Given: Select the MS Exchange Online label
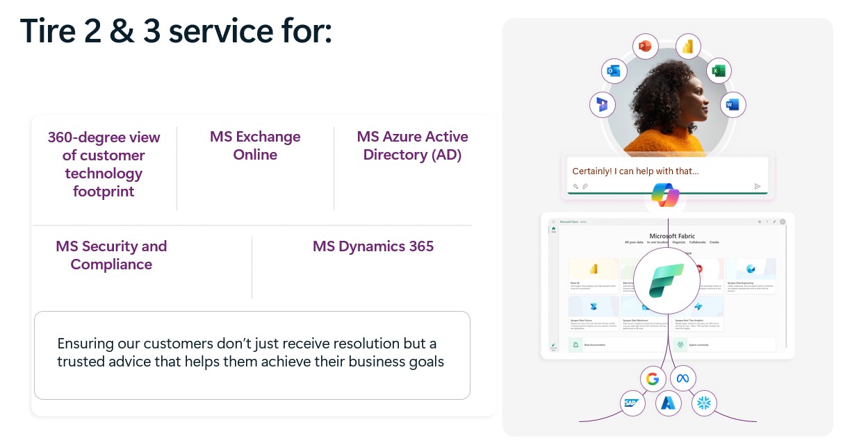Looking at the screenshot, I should tap(255, 146).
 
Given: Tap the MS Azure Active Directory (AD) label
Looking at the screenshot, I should tap(412, 146).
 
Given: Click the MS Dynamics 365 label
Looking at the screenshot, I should tap(373, 246).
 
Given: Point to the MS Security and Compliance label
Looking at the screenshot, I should tap(111, 255).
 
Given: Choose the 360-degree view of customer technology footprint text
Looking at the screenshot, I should tap(104, 164).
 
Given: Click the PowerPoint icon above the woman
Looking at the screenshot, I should tap(646, 47).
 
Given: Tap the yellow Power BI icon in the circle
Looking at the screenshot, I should tap(688, 47).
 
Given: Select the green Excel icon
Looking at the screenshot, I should tap(719, 71).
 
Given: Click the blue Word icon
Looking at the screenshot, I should tap(732, 105).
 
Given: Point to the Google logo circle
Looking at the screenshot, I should tap(652, 379).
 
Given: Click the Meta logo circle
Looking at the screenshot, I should tap(682, 379).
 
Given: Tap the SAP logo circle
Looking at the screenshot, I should tap(632, 403).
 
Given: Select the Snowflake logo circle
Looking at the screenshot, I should tap(705, 403).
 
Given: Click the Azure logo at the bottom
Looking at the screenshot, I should tap(668, 403).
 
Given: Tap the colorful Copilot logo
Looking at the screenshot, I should tap(665, 194).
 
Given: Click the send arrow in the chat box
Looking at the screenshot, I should tap(758, 186).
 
